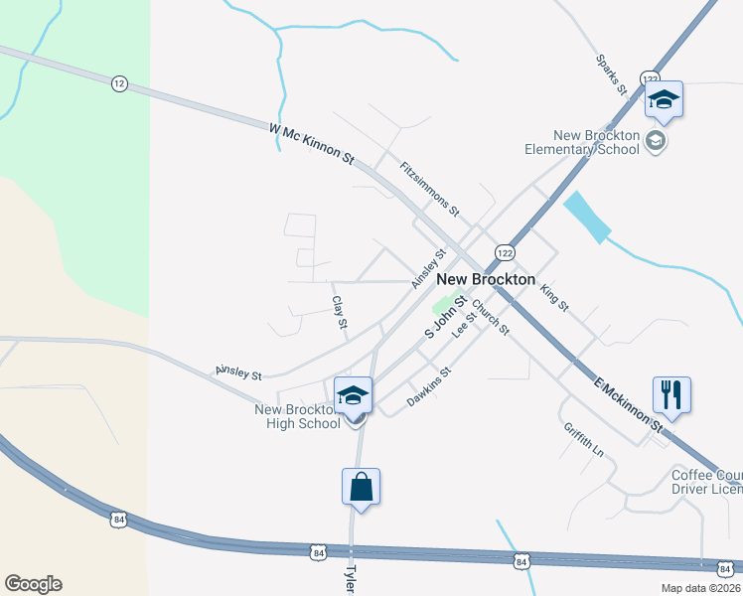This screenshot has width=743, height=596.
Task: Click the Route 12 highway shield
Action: (x=119, y=84)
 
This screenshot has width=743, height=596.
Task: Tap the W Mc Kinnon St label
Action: (x=311, y=143)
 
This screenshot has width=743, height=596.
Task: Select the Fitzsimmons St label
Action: (x=430, y=189)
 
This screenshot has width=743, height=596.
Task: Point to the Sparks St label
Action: (x=611, y=74)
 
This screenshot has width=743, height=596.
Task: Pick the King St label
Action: (x=554, y=298)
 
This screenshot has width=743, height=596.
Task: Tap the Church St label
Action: (x=490, y=317)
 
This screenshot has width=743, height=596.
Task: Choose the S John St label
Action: (x=446, y=316)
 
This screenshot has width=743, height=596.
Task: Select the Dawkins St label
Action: (x=429, y=387)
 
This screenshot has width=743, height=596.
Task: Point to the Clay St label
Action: (x=340, y=313)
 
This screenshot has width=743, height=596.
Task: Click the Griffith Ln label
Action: (x=583, y=438)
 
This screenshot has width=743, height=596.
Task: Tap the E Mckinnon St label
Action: (x=628, y=402)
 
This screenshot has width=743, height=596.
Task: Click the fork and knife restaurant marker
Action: (x=671, y=394)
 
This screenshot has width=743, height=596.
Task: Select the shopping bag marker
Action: (x=361, y=487)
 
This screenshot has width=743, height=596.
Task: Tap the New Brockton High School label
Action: (x=298, y=416)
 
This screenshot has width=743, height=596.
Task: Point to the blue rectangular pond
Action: (x=586, y=217)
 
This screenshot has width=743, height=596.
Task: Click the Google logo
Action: (x=33, y=584)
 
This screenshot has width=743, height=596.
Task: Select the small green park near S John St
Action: (x=441, y=305)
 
